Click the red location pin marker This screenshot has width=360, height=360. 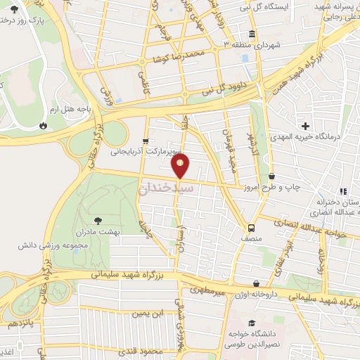coord(181,165)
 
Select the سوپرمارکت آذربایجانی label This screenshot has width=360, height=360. coord(146,150)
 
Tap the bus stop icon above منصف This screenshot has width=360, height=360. coord(250,228)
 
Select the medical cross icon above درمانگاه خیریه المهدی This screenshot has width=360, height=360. coord(305,124)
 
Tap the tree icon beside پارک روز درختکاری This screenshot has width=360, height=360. coord(15,8)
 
